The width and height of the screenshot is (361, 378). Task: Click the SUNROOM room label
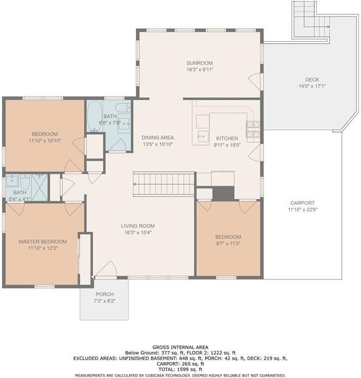199,63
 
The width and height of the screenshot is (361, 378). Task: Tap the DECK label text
312,80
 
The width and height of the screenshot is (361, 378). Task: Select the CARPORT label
302,203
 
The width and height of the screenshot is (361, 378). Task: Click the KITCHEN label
226,139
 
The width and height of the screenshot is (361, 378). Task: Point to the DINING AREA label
158,138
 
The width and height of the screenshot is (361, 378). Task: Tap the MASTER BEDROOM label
43,241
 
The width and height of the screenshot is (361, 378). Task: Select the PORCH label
104,294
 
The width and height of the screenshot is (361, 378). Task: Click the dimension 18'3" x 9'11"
199,70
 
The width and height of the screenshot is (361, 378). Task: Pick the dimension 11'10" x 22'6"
302,210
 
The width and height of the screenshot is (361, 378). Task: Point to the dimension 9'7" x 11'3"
228,243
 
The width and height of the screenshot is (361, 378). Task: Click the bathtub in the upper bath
94,117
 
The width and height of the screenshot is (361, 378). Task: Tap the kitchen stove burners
253,130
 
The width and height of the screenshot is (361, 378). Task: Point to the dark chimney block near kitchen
223,193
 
